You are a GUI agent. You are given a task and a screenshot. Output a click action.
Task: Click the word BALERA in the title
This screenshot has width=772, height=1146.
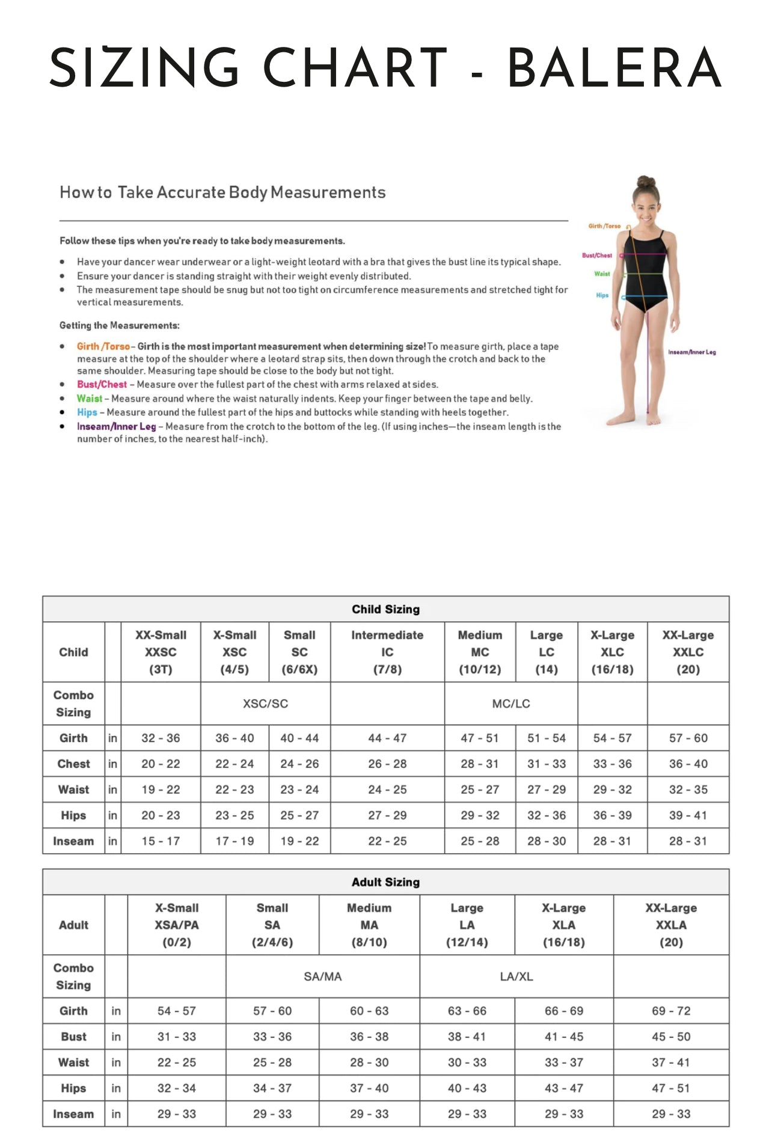pyautogui.click(x=614, y=67)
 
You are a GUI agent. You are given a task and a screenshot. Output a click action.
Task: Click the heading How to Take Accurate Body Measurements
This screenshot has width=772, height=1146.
pyautogui.click(x=222, y=192)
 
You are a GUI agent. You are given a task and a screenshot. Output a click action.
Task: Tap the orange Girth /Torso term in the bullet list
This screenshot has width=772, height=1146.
pyautogui.click(x=103, y=346)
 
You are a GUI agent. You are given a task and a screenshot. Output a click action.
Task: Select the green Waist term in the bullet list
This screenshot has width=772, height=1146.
pyautogui.click(x=89, y=399)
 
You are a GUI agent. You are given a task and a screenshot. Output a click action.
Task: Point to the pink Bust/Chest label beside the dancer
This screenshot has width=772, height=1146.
pyautogui.click(x=596, y=256)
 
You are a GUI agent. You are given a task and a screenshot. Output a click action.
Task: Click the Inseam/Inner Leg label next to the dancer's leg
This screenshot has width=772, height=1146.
pyautogui.click(x=691, y=352)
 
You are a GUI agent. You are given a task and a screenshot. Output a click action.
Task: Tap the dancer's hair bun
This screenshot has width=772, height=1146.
pyautogui.click(x=646, y=182)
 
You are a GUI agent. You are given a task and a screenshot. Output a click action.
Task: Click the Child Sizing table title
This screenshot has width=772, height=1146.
pyautogui.click(x=385, y=609)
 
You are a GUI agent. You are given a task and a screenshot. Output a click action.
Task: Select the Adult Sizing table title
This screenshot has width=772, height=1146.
pyautogui.click(x=385, y=882)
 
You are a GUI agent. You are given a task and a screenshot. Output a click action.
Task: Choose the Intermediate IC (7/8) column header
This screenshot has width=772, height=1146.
pyautogui.click(x=387, y=652)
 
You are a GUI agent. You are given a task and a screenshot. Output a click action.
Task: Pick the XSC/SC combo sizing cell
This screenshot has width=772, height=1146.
pyautogui.click(x=265, y=703)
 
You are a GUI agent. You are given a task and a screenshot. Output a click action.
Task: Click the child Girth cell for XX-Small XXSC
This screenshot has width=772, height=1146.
pyautogui.click(x=161, y=738)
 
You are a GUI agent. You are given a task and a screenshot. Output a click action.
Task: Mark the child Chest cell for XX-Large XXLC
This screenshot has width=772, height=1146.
pyautogui.click(x=688, y=764)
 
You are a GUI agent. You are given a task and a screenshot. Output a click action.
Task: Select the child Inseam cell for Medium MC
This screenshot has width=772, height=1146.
pyautogui.click(x=480, y=841)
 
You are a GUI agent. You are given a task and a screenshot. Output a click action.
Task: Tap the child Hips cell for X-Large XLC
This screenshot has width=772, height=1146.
pyautogui.click(x=612, y=815)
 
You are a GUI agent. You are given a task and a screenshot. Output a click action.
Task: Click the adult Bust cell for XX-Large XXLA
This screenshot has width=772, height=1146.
pyautogui.click(x=671, y=1037)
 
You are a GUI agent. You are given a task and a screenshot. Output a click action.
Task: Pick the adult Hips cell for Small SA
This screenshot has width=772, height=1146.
pyautogui.click(x=272, y=1088)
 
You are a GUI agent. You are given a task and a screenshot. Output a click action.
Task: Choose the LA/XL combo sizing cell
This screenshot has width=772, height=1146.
pyautogui.click(x=516, y=976)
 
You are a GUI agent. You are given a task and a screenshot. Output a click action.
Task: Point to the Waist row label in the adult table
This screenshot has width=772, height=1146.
pyautogui.click(x=73, y=1062)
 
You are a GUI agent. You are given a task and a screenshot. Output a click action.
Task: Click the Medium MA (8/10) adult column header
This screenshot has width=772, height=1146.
pyautogui.click(x=369, y=925)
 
